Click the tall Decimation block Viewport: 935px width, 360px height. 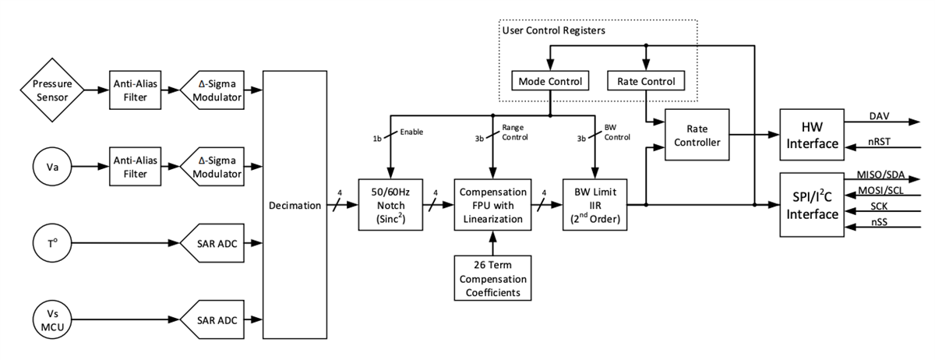295,206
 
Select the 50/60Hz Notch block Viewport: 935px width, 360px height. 387,206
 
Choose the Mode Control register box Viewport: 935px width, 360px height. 551,81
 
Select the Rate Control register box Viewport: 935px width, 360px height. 646,81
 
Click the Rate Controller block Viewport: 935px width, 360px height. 695,136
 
